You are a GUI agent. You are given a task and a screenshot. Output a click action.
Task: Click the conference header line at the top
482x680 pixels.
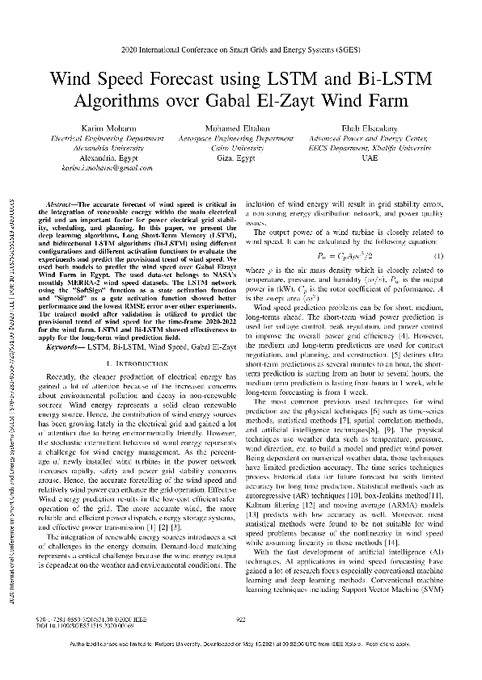point(240,50)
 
